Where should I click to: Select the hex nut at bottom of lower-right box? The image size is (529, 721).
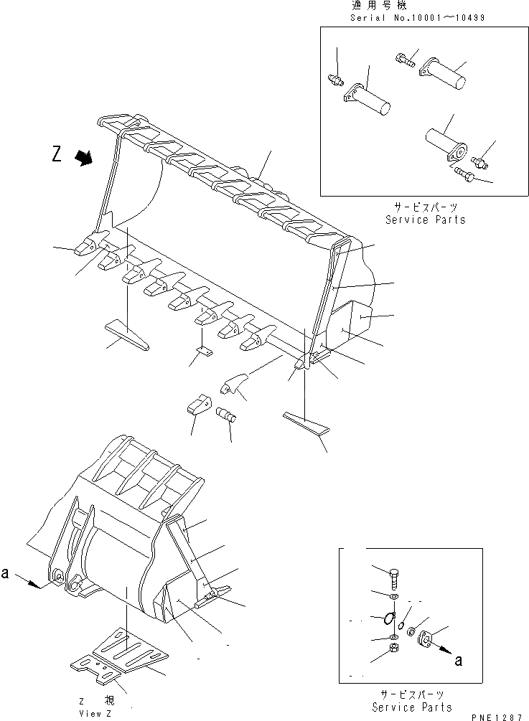point(395,649)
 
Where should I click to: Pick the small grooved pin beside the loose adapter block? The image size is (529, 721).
point(226,415)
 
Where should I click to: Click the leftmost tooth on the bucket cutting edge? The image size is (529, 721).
point(86,246)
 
